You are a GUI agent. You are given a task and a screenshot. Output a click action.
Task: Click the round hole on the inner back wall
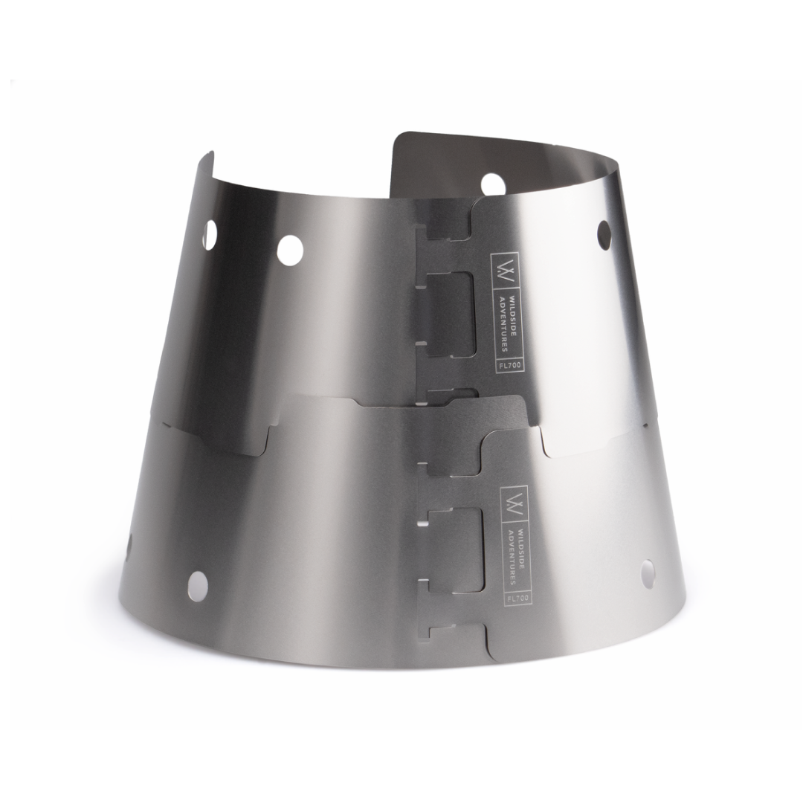(491, 184)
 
